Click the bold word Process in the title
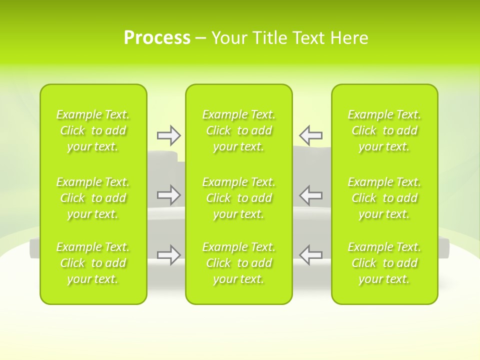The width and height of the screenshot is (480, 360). (x=157, y=38)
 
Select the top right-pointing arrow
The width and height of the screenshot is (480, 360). (x=168, y=135)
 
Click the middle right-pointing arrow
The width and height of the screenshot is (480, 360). (x=168, y=195)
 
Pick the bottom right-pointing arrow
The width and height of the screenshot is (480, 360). (x=168, y=254)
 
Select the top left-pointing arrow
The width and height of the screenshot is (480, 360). (x=311, y=135)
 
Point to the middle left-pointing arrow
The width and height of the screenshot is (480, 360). (x=311, y=195)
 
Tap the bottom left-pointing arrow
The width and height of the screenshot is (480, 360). (x=311, y=254)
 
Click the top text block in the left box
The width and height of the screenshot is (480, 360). (x=93, y=130)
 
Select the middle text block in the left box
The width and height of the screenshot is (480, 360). (x=93, y=198)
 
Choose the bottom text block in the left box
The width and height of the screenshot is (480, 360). (x=93, y=263)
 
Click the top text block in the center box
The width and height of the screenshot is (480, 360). (x=239, y=130)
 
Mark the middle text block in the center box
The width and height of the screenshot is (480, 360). (x=239, y=198)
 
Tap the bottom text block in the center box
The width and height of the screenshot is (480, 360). (x=239, y=263)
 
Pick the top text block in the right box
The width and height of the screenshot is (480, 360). (x=384, y=130)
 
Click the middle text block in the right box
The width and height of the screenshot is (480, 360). (x=384, y=198)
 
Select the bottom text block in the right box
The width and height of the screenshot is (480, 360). (x=384, y=263)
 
